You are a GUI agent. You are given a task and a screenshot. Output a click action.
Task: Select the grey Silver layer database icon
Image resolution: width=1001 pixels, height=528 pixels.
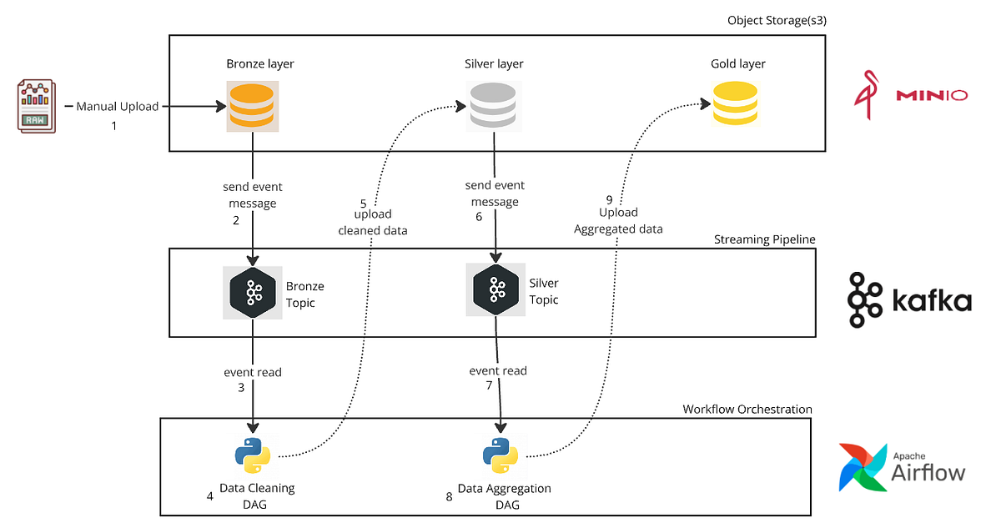click(494, 106)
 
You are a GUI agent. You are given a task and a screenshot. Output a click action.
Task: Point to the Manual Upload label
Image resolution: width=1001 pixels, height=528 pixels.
click(117, 107)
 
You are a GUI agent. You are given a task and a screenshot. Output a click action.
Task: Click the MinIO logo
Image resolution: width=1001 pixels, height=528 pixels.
click(910, 95)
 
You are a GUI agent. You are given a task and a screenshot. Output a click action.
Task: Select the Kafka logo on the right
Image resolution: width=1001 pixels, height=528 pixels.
click(909, 299)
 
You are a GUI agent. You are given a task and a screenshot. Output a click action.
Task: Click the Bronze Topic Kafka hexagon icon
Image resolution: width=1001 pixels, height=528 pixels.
click(254, 292)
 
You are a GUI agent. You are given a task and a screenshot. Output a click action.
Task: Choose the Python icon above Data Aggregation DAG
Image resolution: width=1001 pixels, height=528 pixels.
click(500, 455)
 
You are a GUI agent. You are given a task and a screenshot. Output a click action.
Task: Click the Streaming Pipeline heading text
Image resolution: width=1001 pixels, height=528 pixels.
click(764, 239)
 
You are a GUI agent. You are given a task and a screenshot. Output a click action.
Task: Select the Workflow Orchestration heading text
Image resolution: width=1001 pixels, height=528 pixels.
click(747, 409)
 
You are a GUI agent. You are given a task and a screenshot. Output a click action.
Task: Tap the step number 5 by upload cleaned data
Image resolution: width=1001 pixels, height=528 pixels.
click(363, 203)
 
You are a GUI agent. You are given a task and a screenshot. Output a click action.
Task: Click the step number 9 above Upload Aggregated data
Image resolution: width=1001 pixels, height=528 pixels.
click(609, 200)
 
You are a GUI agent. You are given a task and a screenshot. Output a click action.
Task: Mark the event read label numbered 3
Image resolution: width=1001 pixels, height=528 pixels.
click(252, 372)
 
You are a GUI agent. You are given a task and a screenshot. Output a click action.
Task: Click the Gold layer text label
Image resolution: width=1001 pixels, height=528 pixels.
click(737, 64)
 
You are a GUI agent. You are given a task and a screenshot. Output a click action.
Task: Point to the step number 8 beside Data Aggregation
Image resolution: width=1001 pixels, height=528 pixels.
click(449, 497)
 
